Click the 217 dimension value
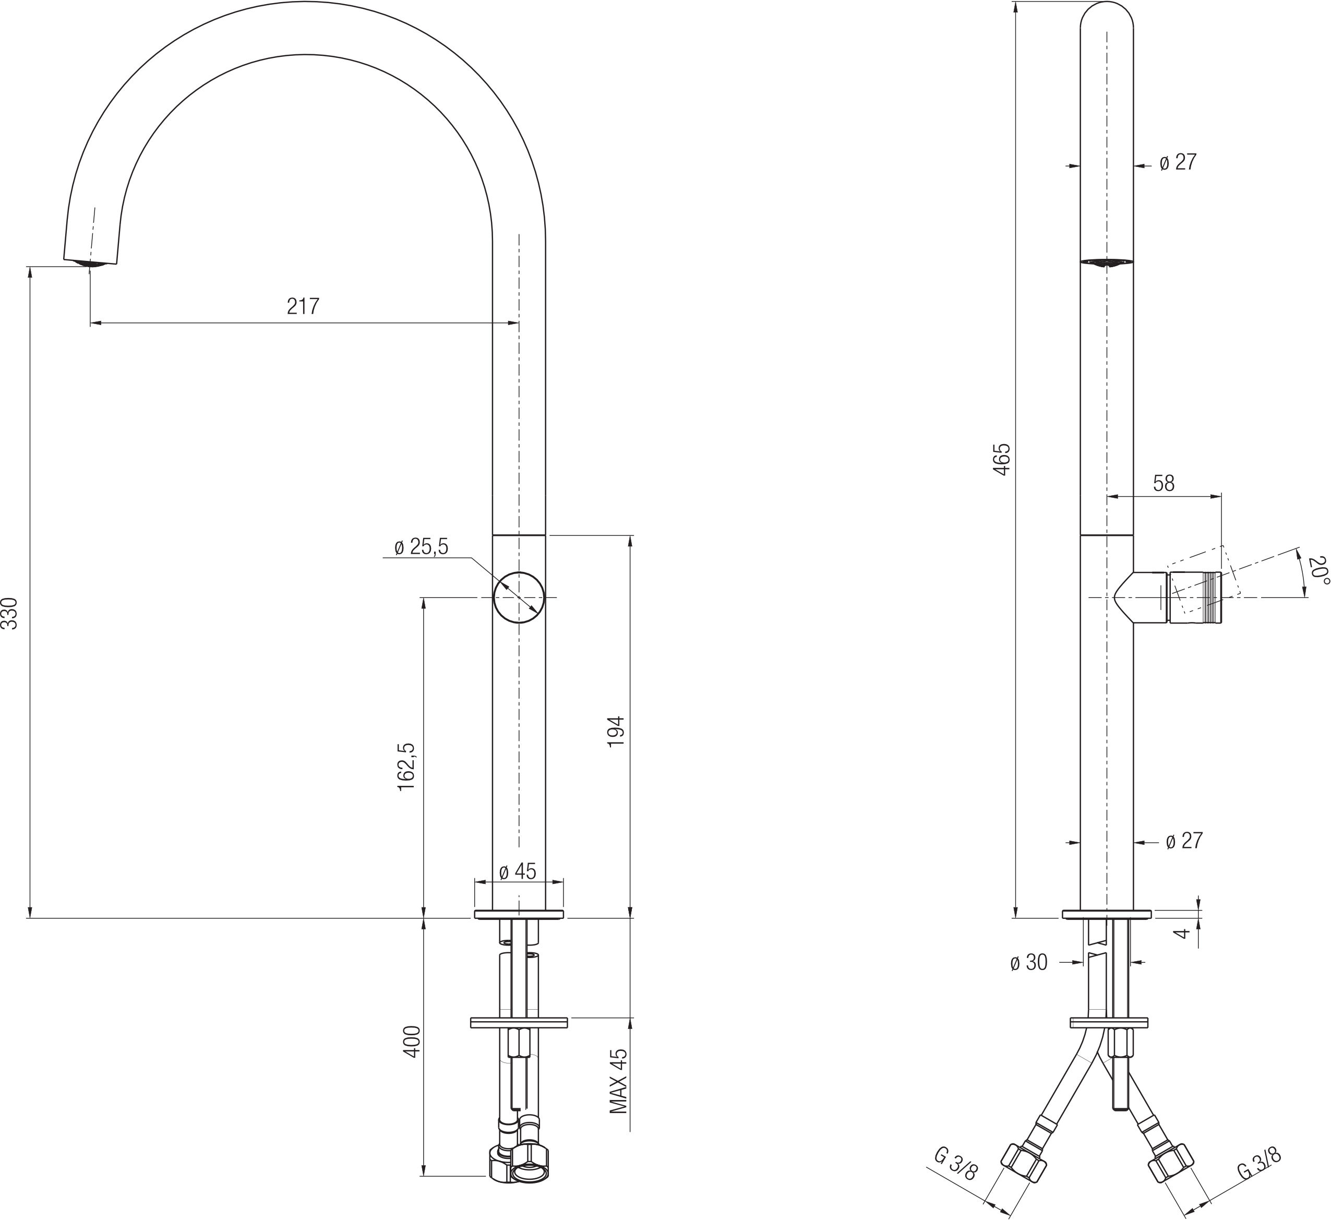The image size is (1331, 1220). click(303, 306)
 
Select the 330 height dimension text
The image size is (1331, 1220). click(10, 614)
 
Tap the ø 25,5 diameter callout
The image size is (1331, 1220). click(421, 547)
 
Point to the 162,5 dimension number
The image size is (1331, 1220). click(405, 767)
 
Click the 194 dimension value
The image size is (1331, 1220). click(615, 732)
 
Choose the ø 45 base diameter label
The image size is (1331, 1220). click(518, 871)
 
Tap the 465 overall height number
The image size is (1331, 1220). click(1002, 460)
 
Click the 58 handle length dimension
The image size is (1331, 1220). click(1164, 483)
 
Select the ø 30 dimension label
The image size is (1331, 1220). click(1028, 963)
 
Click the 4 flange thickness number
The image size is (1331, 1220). click(1184, 933)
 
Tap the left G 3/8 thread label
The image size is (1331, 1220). click(955, 1165)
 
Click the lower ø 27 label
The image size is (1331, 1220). click(1184, 841)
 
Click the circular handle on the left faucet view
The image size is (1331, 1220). click(519, 597)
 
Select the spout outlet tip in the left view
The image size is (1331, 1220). click(91, 262)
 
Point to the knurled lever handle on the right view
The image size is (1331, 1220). click(1195, 598)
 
